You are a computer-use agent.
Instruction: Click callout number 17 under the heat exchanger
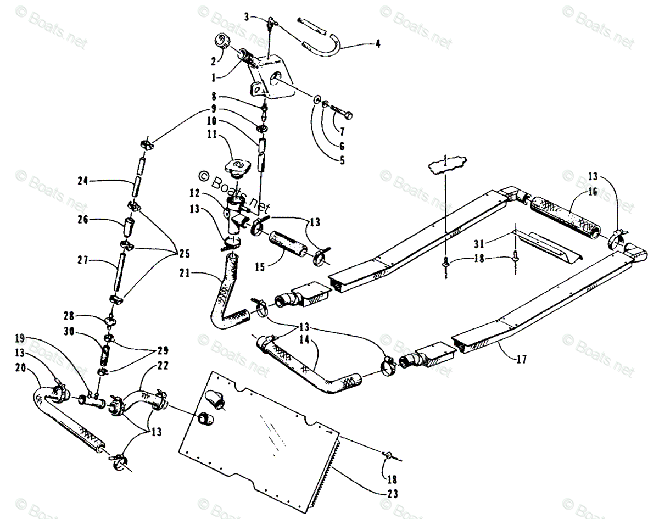[522, 360]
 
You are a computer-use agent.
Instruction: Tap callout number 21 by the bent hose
[185, 273]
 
